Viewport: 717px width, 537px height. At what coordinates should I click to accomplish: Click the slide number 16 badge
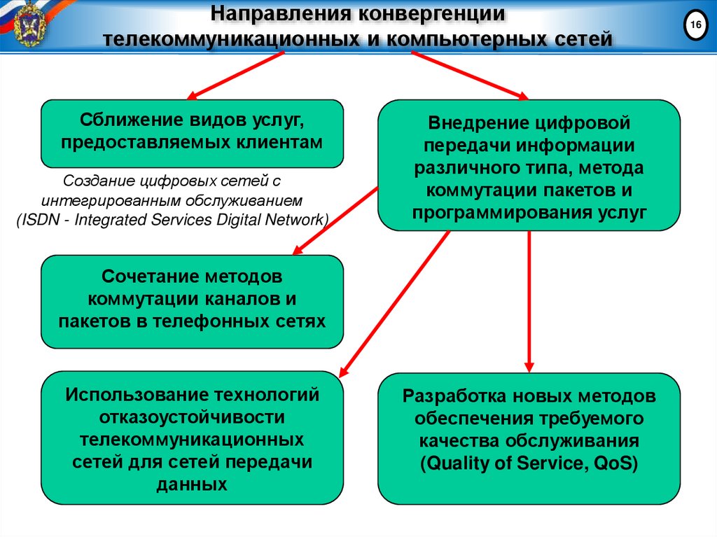[695, 26]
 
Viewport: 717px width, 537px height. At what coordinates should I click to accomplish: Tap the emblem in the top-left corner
[28, 24]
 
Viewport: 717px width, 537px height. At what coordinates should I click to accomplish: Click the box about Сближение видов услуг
[192, 133]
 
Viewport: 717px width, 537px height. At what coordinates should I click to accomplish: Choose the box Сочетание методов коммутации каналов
[192, 301]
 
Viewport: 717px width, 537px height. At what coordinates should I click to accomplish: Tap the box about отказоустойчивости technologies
[192, 438]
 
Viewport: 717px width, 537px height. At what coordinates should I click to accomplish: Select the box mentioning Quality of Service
[529, 438]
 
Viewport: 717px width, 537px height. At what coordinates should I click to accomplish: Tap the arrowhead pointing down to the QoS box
[529, 365]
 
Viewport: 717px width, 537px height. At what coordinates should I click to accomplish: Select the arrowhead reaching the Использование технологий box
[344, 370]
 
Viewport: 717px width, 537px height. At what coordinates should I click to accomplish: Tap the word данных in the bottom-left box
[192, 484]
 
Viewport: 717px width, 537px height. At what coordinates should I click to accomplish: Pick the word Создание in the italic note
[90, 181]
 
